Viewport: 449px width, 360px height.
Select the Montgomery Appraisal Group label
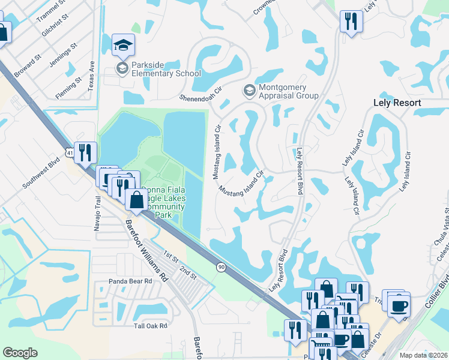[288, 91]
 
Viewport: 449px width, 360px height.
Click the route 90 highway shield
[221, 267]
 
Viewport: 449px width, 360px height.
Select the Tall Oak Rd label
[151, 326]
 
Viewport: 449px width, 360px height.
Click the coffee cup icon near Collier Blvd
[397, 306]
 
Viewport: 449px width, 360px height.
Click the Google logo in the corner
[20, 352]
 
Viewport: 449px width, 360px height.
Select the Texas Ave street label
[91, 75]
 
